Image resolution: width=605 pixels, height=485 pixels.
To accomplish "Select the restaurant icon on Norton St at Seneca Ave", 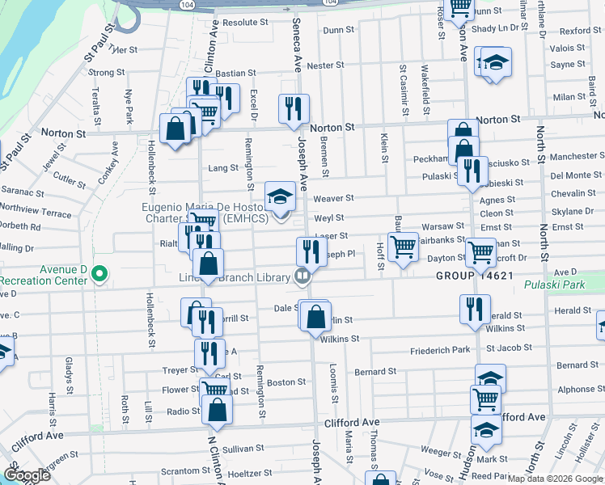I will coord(293,108).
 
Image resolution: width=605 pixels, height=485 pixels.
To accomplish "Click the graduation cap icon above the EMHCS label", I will coord(279,196).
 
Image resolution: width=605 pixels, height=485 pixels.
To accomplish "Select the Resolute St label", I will coord(251,23).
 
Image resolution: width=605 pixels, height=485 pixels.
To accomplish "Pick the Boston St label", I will coord(286,382).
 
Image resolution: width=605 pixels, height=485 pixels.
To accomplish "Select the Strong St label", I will coord(106,72).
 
